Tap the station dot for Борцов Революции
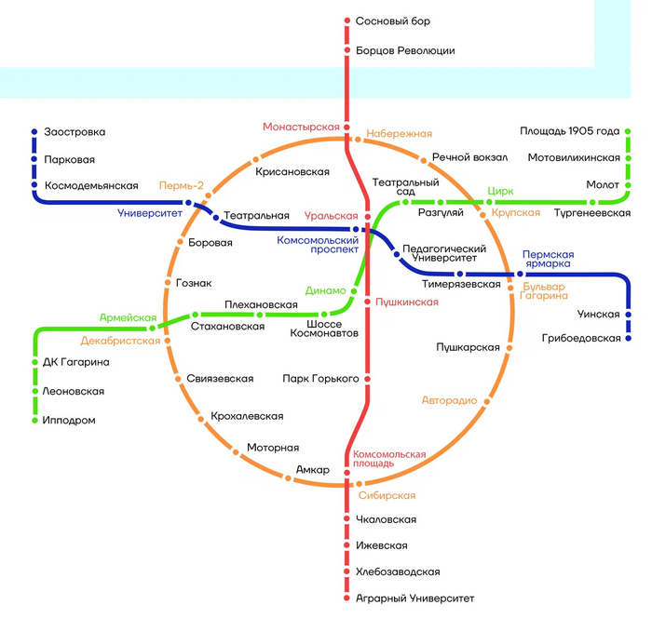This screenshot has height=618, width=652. point(346,50)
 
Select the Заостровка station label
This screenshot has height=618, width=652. point(75,132)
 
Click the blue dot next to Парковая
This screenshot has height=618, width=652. point(34,159)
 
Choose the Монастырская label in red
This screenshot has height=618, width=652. point(300,127)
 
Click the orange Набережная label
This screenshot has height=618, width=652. point(399,134)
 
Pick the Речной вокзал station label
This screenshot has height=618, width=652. point(469,157)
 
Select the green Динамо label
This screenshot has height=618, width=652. point(325,290)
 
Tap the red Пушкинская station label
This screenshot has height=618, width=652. point(407,302)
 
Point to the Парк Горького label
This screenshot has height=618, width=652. point(321,379)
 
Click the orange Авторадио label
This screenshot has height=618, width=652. point(449,400)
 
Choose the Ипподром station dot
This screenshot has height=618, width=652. point(34,421)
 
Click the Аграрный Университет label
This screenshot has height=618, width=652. point(414,598)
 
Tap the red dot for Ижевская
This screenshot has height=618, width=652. point(346,545)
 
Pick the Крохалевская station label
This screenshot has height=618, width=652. point(247,416)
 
